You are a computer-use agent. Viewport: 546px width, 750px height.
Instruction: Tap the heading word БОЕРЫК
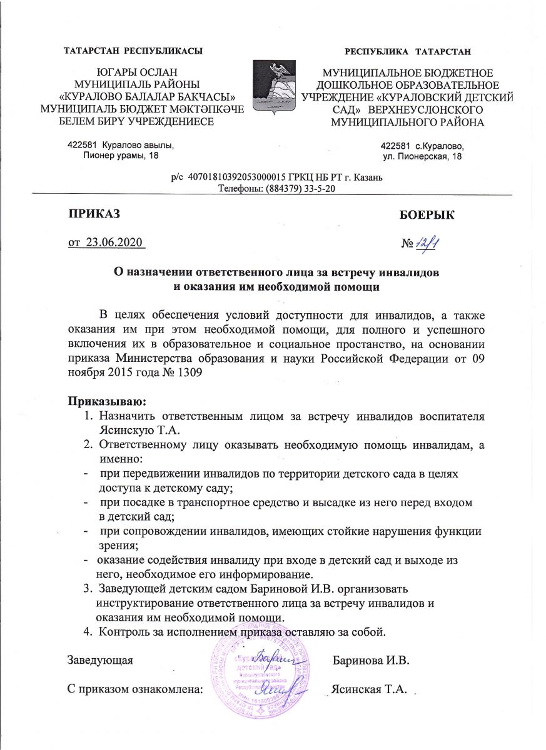point(427,216)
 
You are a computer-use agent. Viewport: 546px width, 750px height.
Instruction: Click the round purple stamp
point(258,672)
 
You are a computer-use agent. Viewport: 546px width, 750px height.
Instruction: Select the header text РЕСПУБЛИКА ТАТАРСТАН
point(408,50)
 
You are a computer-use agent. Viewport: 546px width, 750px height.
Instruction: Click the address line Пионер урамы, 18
point(121,156)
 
